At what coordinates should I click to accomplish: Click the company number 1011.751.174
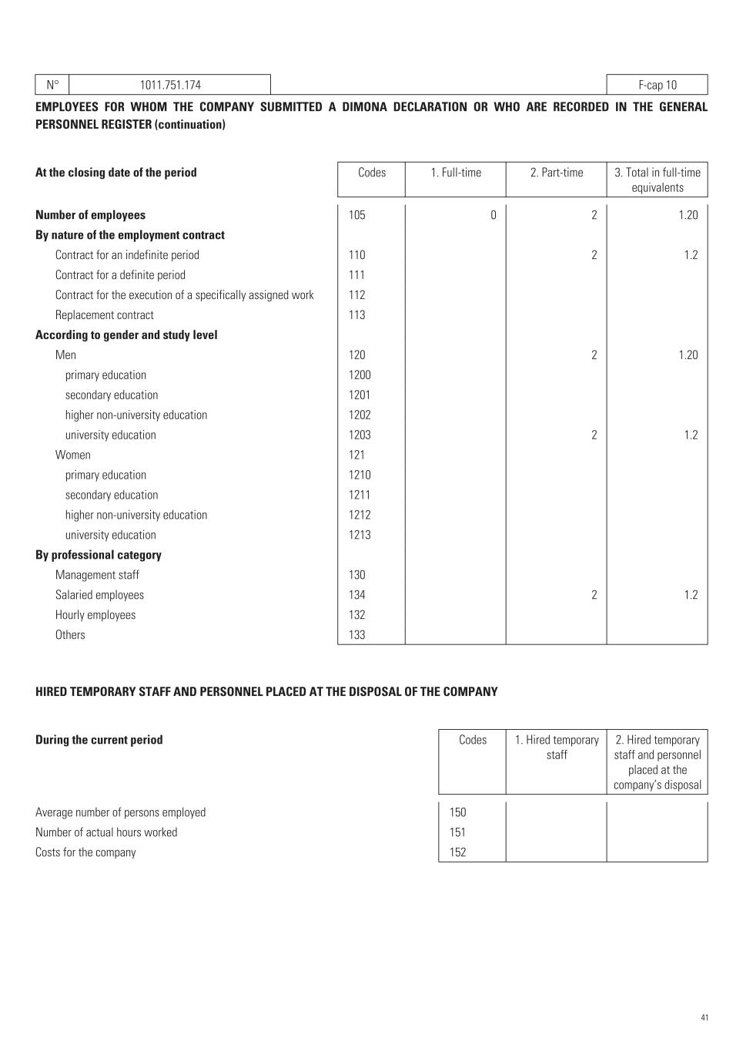[x=170, y=85]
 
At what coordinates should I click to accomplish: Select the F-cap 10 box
[x=657, y=85]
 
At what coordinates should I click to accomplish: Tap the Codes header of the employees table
[x=371, y=173]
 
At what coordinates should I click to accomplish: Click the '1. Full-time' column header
[x=456, y=173]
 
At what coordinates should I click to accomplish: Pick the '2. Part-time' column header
[x=556, y=173]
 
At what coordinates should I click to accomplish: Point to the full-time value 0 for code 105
[x=494, y=215]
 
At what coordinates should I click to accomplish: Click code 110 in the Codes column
[x=356, y=255]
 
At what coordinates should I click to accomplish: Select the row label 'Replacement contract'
[x=104, y=315]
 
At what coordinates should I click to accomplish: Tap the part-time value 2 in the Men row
[x=594, y=355]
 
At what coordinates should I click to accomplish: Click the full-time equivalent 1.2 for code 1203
[x=691, y=435]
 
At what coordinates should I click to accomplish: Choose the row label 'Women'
[x=72, y=455]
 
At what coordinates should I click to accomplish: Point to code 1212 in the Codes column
[x=359, y=516]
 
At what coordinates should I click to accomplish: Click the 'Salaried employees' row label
[x=99, y=595]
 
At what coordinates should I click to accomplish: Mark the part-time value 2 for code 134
[x=594, y=595]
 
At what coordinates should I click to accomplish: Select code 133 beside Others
[x=356, y=635]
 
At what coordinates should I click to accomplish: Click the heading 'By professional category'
[x=99, y=555]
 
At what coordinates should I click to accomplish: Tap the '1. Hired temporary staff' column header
[x=557, y=748]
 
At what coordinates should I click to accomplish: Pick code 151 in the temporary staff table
[x=457, y=832]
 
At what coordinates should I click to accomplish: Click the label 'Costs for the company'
[x=85, y=852]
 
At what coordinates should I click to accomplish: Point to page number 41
[x=705, y=1018]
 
